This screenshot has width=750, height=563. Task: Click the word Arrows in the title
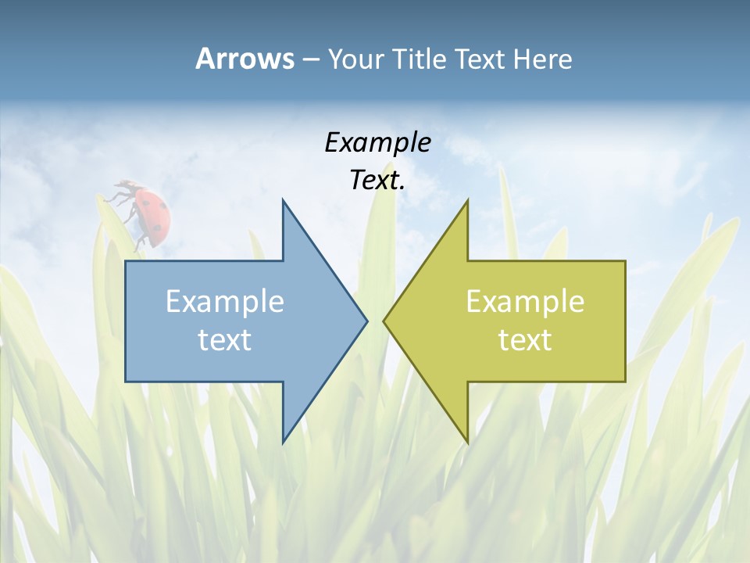pyautogui.click(x=245, y=59)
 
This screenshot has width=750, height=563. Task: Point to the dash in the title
pyautogui.click(x=310, y=59)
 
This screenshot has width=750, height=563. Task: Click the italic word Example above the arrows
pyautogui.click(x=377, y=142)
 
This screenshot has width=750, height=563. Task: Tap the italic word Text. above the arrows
pyautogui.click(x=377, y=181)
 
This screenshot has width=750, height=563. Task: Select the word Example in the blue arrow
pyautogui.click(x=225, y=301)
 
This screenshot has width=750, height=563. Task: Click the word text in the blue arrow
pyautogui.click(x=225, y=339)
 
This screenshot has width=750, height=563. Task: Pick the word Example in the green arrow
pyautogui.click(x=525, y=301)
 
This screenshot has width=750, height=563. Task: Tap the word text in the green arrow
pyautogui.click(x=525, y=339)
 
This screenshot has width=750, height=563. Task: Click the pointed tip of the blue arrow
pyautogui.click(x=366, y=321)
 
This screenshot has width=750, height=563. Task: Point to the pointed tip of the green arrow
pyautogui.click(x=384, y=321)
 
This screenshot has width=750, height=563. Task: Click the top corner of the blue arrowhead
pyautogui.click(x=283, y=200)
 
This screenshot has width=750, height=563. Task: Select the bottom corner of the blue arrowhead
pyautogui.click(x=283, y=442)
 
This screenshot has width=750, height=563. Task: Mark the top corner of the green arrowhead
pyautogui.click(x=467, y=200)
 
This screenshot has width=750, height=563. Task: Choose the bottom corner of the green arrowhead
pyautogui.click(x=467, y=442)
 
